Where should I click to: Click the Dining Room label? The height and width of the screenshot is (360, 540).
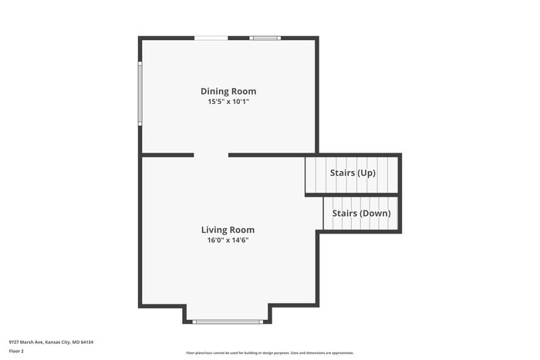228,91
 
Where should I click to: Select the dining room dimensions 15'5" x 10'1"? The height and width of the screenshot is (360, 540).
228,102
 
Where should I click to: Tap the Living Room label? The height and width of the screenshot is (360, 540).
228,230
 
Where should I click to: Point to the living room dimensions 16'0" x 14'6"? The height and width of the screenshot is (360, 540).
228,240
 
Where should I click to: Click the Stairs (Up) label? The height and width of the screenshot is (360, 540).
353,173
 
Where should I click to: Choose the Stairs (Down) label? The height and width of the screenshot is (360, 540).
361,213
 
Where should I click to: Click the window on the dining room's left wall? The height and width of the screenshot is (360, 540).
140,93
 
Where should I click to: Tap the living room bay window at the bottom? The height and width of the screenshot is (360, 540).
228,321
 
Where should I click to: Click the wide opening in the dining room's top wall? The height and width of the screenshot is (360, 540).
211,37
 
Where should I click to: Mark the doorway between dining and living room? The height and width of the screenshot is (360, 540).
211,155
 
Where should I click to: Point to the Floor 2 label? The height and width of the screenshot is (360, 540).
16,351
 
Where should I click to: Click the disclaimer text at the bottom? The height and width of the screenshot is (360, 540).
270,352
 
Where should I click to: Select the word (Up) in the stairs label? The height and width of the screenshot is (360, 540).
366,173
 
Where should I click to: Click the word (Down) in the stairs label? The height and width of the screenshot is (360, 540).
377,213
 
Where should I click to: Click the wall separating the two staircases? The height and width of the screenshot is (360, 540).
353,194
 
